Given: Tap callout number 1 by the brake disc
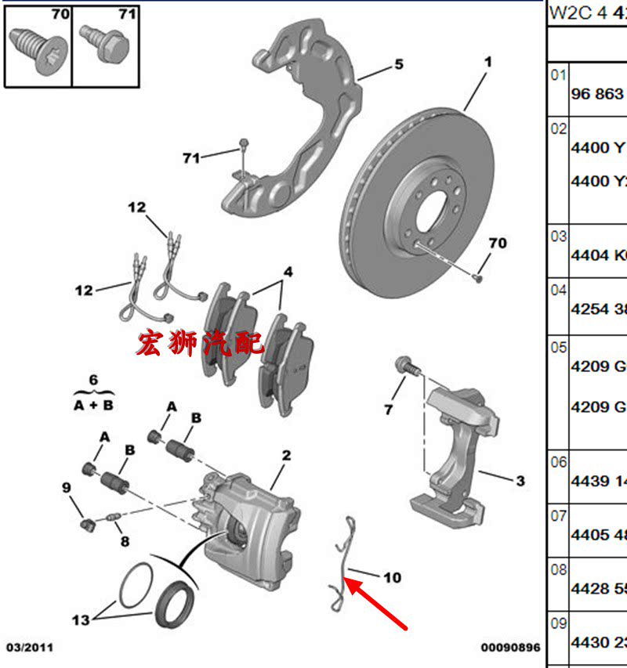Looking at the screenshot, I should pyautogui.click(x=487, y=60).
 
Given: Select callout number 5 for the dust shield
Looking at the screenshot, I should pyautogui.click(x=398, y=64).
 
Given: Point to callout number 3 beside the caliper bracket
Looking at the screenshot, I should pyautogui.click(x=520, y=481).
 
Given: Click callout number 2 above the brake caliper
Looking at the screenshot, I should pyautogui.click(x=286, y=455).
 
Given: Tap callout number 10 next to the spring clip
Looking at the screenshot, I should pyautogui.click(x=392, y=577).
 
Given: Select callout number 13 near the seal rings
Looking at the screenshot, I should pyautogui.click(x=81, y=619).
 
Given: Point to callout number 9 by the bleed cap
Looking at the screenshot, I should pyautogui.click(x=67, y=488).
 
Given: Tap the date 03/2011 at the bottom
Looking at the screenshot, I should pyautogui.click(x=30, y=648).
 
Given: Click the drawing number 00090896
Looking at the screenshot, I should pyautogui.click(x=511, y=648).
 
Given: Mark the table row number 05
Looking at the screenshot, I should pyautogui.click(x=558, y=346).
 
